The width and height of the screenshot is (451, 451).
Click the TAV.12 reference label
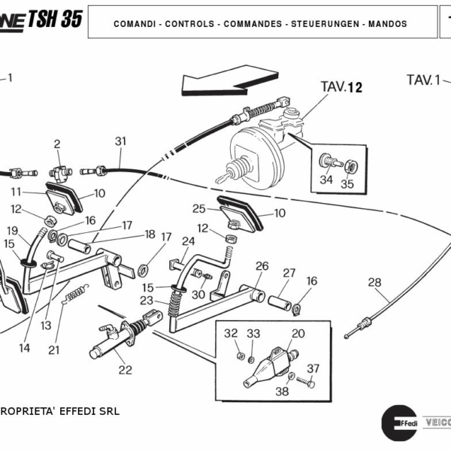tap(342, 87)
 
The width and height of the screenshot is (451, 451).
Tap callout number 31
tap(121, 141)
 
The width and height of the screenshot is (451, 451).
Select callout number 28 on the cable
tap(374, 283)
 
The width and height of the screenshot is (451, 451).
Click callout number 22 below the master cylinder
tap(125, 369)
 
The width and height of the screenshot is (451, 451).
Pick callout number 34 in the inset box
tap(325, 180)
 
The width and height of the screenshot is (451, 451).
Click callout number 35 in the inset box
tap(347, 183)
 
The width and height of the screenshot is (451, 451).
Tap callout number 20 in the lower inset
tap(298, 333)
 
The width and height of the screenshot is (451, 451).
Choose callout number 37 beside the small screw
tap(313, 368)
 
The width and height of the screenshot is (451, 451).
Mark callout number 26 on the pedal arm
tap(262, 265)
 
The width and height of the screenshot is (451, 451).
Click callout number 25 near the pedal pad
tap(198, 208)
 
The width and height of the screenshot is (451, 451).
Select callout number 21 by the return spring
tap(53, 350)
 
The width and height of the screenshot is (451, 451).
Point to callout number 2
tap(56, 143)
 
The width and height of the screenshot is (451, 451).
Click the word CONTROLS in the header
tap(188, 24)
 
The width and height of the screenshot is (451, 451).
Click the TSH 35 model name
tap(55, 19)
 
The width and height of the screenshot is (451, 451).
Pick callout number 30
tap(198, 295)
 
